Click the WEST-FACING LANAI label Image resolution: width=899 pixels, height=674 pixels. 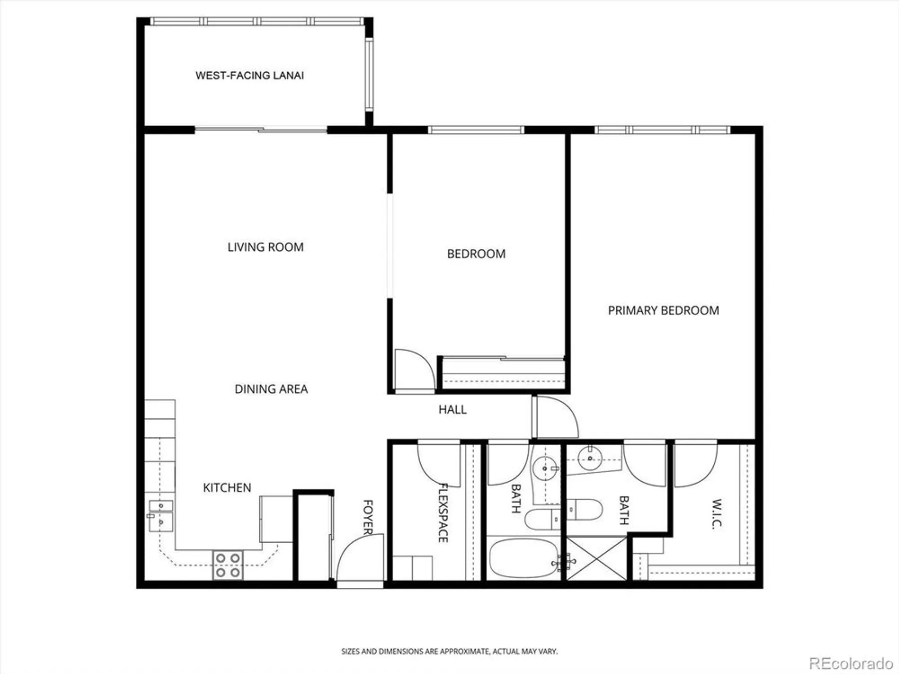tap(249, 75)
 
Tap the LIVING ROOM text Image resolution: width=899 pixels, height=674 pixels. tap(265, 247)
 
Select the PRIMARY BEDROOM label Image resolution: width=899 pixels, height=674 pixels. tap(663, 310)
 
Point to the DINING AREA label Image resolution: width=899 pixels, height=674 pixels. tap(271, 389)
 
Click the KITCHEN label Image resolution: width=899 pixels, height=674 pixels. tap(227, 488)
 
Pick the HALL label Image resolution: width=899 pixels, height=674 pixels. tap(452, 409)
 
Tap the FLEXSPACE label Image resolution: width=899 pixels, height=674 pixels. tap(443, 513)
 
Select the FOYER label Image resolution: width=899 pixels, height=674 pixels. tap(368, 517)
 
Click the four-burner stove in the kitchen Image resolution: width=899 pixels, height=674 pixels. tap(227, 565)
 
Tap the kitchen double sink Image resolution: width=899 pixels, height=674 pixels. tap(160, 515)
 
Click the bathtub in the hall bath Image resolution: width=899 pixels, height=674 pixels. tap(523, 559)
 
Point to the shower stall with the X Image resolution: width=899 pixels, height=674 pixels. tap(596, 559)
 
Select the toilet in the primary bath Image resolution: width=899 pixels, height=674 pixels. tap(584, 510)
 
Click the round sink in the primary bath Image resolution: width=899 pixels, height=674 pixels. tap(590, 457)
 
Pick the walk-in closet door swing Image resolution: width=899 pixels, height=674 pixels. tap(695, 466)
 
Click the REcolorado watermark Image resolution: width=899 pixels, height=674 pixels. tap(850, 663)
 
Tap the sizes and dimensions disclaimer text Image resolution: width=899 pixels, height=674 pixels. tap(449, 651)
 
